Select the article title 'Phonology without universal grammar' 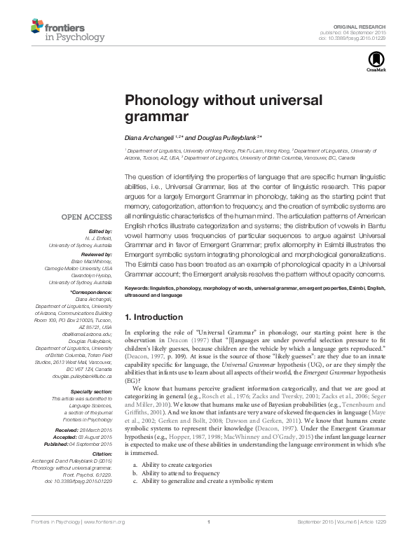[x=223, y=108]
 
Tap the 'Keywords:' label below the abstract [x=139, y=288]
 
